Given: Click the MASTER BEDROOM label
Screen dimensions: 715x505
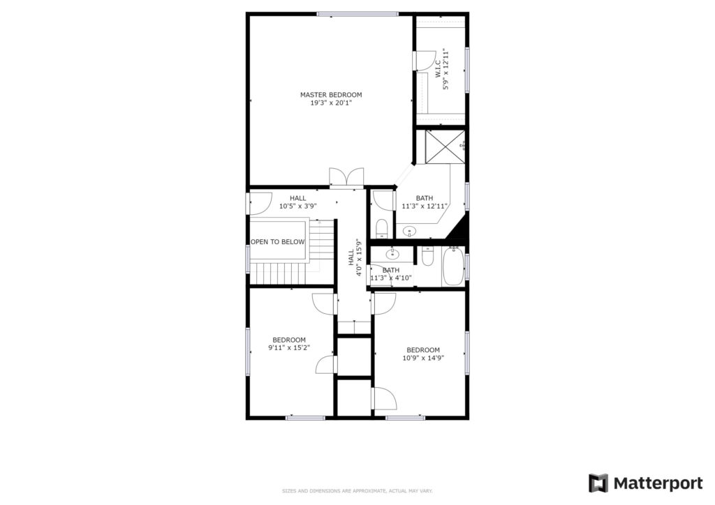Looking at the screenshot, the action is (x=331, y=95).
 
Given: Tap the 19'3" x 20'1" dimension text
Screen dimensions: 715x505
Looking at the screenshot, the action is (x=331, y=103).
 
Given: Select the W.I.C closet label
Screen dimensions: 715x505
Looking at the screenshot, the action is (x=437, y=69).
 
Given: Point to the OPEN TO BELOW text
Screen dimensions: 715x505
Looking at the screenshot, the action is (x=278, y=242).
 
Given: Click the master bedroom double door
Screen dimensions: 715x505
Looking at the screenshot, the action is (x=346, y=176).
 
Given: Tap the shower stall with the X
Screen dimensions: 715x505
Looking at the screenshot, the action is (x=445, y=146).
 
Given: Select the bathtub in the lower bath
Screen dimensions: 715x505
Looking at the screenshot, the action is (x=453, y=266).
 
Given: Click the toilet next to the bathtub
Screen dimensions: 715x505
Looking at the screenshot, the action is (x=427, y=257).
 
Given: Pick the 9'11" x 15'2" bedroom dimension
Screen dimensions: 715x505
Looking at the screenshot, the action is (x=289, y=348).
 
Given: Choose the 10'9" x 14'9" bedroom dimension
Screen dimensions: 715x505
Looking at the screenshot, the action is (x=423, y=358).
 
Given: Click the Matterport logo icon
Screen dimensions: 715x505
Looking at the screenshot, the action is (x=598, y=483).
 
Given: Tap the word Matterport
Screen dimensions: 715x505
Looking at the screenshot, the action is (x=658, y=483).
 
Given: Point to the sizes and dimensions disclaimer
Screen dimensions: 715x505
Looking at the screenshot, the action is (x=357, y=491).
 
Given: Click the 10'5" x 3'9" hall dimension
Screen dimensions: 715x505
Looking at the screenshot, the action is (x=297, y=206).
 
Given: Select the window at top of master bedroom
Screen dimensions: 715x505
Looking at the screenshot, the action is (x=358, y=14).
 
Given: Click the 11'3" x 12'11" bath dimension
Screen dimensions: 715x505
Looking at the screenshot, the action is (x=425, y=206).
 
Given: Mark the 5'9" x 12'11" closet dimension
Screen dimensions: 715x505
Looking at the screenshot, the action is (x=446, y=69).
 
